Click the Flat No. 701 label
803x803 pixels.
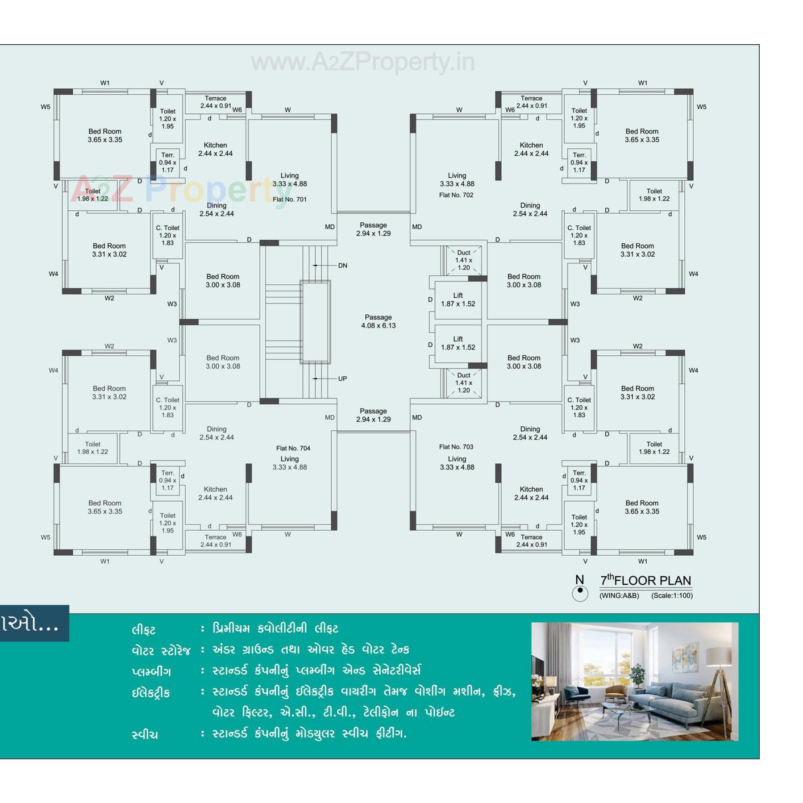click(290, 200)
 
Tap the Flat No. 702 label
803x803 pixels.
click(456, 195)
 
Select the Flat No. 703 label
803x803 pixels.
click(456, 447)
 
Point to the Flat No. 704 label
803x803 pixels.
click(293, 448)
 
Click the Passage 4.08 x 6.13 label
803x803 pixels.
click(378, 321)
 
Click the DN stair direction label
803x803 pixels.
click(342, 266)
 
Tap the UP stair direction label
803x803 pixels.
click(342, 379)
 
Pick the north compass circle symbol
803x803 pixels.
click(580, 593)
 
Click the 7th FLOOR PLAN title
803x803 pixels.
click(645, 580)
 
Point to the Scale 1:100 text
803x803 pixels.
click(672, 595)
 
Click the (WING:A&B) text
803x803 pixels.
click(619, 595)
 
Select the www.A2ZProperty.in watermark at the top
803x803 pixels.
click(362, 62)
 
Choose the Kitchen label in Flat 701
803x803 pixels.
click(215, 149)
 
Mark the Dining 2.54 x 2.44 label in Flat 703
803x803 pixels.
click(530, 433)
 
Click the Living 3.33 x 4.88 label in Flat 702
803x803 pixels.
click(457, 179)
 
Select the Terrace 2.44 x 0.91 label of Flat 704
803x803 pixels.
click(216, 541)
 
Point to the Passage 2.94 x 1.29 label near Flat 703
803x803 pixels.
click(373, 415)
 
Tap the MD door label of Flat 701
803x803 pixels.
click(330, 227)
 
